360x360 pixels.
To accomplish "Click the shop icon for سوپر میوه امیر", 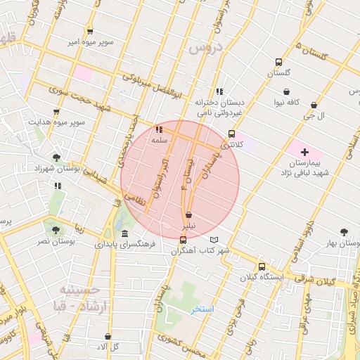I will tap(90, 31).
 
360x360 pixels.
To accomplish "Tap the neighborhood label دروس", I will tap(205, 48).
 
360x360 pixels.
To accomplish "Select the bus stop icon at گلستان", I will tap(278, 61).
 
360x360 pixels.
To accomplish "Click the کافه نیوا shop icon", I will tap(286, 91).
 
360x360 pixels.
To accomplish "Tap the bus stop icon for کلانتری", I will tap(231, 133).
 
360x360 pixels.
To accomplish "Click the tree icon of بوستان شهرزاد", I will tap(56, 157).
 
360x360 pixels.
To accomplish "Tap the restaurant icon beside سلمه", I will tap(160, 129).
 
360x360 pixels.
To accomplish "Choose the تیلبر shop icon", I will tap(188, 215).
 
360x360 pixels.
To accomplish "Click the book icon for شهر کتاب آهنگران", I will tap(224, 240).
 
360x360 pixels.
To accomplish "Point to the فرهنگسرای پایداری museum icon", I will tap(124, 233).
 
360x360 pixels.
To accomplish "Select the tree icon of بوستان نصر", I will tap(55, 229).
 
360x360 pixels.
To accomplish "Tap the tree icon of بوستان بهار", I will tap(344, 231).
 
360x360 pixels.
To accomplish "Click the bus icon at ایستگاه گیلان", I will tap(262, 266).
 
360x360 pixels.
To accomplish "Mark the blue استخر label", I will tap(202, 309).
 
